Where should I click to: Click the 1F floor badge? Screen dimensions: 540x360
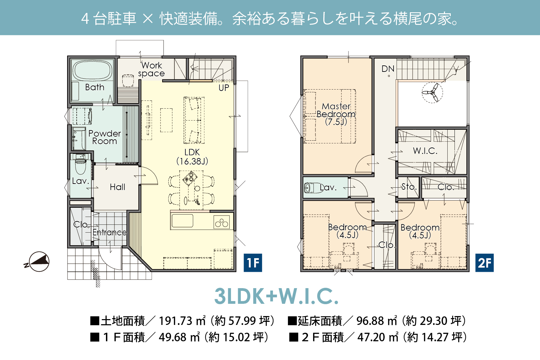coord(253,263)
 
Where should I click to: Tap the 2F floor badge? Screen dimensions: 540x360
coord(484,263)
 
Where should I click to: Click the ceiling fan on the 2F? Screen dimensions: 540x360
coord(432,93)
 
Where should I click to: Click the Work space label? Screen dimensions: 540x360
coord(151,69)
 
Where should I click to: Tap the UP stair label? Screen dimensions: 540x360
coord(224,88)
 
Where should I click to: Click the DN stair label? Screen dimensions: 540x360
coord(388,69)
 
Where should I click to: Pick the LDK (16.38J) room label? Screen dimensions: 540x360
coord(192,157)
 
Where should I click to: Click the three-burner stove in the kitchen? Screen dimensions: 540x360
coord(221,222)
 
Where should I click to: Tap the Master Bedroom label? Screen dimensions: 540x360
coord(336,114)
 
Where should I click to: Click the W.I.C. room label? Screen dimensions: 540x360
coord(425,151)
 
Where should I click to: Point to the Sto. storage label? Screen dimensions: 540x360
coord(409,187)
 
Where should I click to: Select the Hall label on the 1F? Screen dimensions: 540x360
coord(118,187)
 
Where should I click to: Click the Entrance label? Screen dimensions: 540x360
coord(110,232)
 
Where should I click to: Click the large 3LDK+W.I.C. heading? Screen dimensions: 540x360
coord(277,296)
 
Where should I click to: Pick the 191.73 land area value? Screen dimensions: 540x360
coord(175,321)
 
